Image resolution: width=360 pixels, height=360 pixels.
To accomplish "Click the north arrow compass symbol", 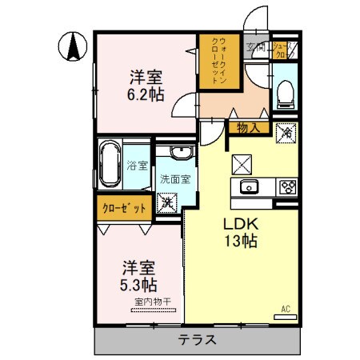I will coord(73,46).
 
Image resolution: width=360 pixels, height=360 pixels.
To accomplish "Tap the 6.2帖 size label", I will coord(146,93).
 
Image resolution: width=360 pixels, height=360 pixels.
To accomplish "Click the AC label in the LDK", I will coord(286,309).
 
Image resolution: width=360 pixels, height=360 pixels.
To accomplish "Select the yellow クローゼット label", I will coord(124,208).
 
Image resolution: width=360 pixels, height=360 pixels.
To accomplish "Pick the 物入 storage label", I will coord(247,127).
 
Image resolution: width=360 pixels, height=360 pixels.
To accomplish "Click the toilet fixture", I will coord(286,96).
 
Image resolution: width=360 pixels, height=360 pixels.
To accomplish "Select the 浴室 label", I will coord(138,166).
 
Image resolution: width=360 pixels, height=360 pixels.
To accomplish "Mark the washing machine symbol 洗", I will coord(168,202).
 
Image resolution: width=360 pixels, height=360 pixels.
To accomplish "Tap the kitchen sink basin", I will coord(247,187).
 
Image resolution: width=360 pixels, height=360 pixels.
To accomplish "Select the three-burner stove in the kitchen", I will coord(286,187).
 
